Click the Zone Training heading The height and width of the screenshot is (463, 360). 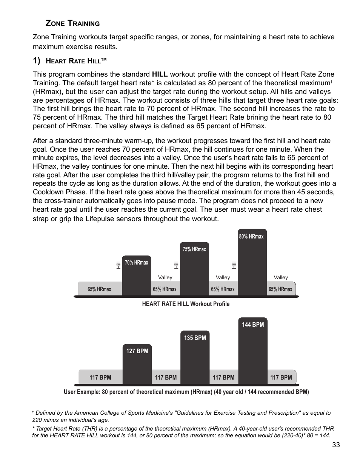tap(72, 23)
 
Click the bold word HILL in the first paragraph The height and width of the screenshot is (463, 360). tap(160, 74)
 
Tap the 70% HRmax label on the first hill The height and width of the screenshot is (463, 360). tap(137, 263)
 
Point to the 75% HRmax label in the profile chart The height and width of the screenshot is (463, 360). tap(194, 249)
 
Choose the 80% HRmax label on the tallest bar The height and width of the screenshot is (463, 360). tap(251, 237)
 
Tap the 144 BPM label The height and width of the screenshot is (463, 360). tap(253, 325)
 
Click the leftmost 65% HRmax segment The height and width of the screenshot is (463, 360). tap(99, 289)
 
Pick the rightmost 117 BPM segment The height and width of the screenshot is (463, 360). tap(281, 377)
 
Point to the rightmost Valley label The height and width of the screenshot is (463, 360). tap(280, 277)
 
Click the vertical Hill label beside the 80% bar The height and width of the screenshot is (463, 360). tap(234, 265)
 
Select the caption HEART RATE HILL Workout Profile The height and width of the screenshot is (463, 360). tap(186, 304)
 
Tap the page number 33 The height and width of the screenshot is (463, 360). tap(336, 445)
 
